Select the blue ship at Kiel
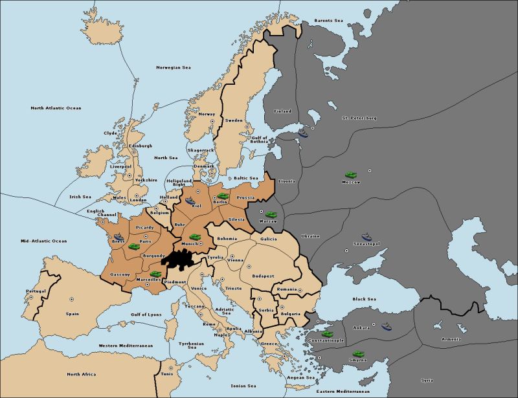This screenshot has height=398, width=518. (x=190, y=201)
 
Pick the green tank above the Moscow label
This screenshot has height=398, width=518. (x=350, y=175)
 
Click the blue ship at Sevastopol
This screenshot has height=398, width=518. (x=366, y=237)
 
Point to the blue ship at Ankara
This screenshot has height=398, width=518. (x=387, y=326)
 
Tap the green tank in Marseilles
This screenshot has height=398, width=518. (x=155, y=274)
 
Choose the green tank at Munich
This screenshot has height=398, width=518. (x=194, y=237)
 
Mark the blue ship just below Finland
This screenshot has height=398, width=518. (x=304, y=135)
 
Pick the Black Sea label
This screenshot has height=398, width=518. (x=363, y=299)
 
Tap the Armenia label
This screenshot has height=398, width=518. (x=451, y=339)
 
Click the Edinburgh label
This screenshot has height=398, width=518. (x=141, y=146)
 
